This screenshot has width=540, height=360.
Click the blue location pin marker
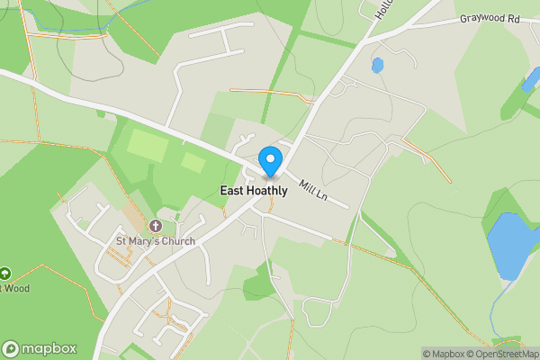point(269,161)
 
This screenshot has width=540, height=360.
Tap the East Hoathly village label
point(254,191)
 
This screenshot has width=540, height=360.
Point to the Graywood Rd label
point(490,18)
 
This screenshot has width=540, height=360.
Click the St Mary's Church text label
point(156,241)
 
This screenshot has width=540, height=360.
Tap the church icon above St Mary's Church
point(156,226)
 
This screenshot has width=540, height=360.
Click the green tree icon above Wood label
point(4,274)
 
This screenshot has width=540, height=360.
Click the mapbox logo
point(40,348)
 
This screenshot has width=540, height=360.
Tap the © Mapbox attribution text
point(443,354)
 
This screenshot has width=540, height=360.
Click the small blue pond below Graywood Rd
point(377,65)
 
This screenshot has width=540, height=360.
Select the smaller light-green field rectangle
point(193,163)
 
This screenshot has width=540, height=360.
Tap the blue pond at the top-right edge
point(531,83)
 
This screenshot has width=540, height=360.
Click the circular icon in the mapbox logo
point(11,349)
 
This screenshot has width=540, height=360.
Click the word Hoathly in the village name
point(269,191)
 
